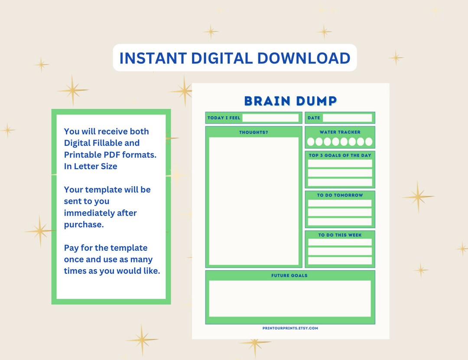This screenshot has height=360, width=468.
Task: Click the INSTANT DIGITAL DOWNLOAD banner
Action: pos(234,58)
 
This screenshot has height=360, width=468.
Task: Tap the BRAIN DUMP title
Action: pos(290,101)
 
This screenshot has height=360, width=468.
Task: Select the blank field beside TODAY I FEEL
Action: pos(270,118)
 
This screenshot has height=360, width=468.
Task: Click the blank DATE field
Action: pos(347,118)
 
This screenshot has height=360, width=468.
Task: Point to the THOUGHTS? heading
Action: pos(253,132)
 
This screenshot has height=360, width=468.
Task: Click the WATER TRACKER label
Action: pos(340,132)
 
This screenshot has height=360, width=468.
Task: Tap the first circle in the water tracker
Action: pos(311,142)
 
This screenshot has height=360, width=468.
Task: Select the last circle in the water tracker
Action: pos(368,142)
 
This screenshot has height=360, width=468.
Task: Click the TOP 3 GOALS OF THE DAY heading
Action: pos(340,155)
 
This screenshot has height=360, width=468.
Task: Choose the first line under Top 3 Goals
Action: pos(340,164)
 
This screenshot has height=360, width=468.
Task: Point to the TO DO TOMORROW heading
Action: pos(340,195)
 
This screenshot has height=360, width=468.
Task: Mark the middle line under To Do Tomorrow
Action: pos(340,213)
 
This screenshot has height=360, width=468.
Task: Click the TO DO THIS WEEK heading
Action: pos(340,235)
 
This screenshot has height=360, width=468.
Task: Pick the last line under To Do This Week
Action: pos(340,261)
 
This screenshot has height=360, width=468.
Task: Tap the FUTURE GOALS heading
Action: pos(289,275)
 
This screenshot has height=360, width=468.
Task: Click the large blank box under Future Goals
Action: pos(289,298)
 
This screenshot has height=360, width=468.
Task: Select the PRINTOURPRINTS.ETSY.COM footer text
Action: pos(290,328)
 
